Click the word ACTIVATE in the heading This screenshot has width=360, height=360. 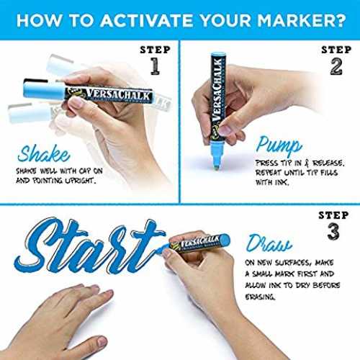point(146,21)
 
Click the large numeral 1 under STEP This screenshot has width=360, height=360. point(156,66)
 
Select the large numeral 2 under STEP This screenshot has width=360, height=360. point(336,66)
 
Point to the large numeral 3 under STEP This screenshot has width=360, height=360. point(333,231)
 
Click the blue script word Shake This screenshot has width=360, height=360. point(44,153)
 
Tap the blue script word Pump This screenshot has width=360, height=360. point(279,145)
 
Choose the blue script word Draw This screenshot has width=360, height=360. point(269,243)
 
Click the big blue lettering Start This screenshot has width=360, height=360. point(90,246)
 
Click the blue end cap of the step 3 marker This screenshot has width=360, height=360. point(225,240)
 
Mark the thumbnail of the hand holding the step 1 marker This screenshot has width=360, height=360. point(76,102)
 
